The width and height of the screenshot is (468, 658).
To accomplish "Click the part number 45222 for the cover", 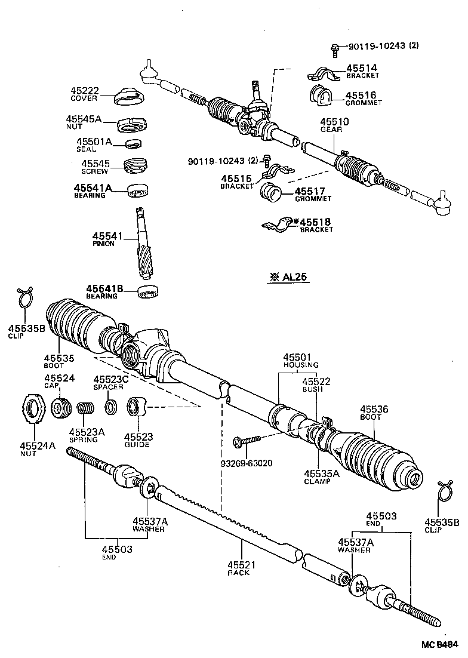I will pos(84,91).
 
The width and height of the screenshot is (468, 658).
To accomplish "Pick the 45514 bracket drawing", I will pos(323,76).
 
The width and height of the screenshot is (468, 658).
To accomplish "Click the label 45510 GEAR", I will pos(334,125).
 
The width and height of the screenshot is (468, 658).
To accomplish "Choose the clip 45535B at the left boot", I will pos(24,297).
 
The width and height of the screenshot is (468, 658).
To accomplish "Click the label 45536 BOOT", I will pos(374,413).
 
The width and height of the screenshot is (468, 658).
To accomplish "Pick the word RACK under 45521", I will pos(238,573).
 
